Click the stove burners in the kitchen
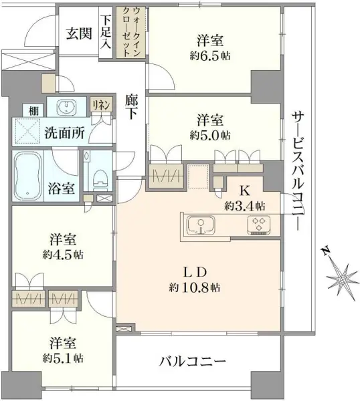tap(257, 225)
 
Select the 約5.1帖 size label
tap(65, 358)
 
